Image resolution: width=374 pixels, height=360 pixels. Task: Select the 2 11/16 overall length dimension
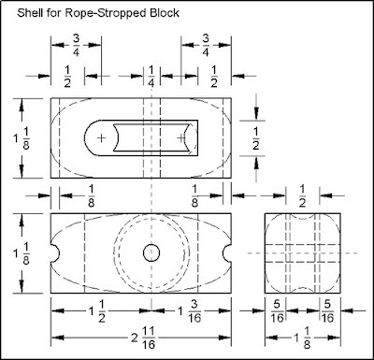click(x=143, y=338)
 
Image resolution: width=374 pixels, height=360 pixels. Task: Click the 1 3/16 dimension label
click(x=190, y=310)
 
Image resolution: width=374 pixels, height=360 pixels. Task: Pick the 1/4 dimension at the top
click(x=151, y=77)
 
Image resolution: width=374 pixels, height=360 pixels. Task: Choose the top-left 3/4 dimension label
click(x=76, y=45)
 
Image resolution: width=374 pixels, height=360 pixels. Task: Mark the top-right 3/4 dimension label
click(x=206, y=45)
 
